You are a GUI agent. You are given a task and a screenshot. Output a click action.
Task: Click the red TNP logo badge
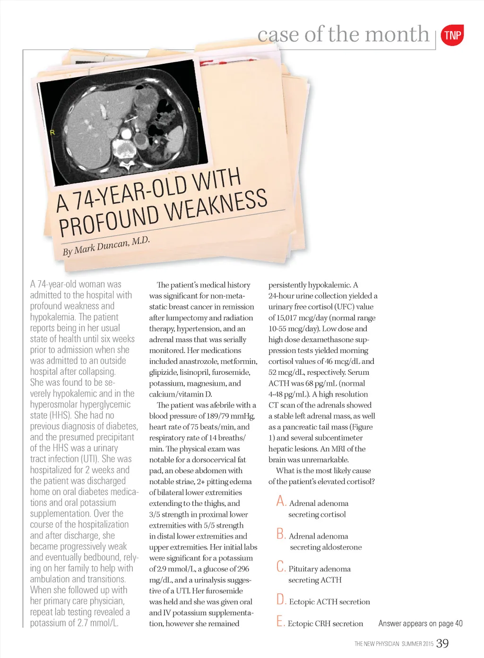pos(452,35)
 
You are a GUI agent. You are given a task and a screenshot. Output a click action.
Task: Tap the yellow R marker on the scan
pos(52,132)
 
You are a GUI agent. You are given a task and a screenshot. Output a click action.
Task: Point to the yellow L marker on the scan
pos(199,110)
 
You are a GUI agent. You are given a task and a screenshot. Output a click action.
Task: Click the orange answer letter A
pos(281,501)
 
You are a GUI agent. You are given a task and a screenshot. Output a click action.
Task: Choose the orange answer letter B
pos(281,534)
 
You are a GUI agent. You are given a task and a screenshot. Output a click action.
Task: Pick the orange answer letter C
pos(281,567)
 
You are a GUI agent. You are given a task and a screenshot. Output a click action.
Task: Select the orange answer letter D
pos(281,600)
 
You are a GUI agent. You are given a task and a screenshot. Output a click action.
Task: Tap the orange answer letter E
pos(281,622)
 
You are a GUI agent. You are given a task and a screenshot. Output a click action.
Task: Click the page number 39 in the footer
pos(442,643)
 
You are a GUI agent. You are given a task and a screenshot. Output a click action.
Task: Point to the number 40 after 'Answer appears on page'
pos(458,623)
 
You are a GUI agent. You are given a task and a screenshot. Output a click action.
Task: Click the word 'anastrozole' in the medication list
pos(198,361)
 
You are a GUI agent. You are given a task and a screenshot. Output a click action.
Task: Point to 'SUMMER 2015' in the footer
pos(417,644)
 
